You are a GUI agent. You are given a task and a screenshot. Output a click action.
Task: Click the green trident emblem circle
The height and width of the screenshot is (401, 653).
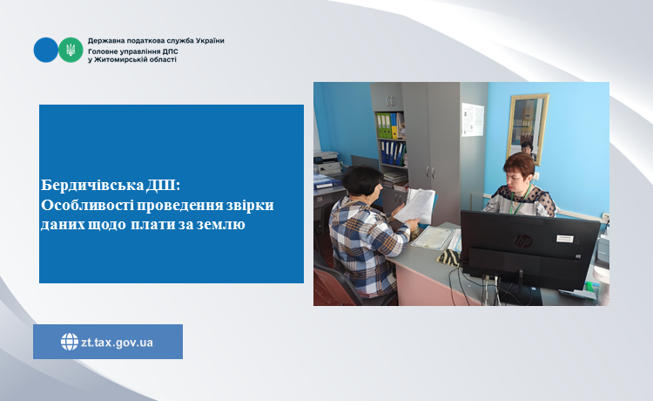click(x=71, y=50)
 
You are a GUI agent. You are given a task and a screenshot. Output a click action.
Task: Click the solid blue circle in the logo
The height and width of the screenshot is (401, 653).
click(x=46, y=50)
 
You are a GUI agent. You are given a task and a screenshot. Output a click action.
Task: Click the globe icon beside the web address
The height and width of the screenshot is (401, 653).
click(x=70, y=342)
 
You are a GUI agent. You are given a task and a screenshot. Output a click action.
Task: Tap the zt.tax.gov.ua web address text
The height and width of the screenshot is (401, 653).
click(x=117, y=343)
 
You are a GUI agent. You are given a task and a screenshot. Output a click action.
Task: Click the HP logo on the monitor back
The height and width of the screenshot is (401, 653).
click(x=523, y=241)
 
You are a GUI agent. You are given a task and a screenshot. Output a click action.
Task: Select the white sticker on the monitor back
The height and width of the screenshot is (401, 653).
click(x=565, y=239)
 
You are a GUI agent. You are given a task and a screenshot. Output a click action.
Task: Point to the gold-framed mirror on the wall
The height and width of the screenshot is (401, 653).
click(x=528, y=127)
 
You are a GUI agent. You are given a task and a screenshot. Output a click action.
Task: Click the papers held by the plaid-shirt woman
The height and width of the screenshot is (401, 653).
click(x=414, y=206)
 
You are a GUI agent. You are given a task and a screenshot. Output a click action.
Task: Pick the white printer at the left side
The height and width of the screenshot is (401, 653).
click(x=327, y=163)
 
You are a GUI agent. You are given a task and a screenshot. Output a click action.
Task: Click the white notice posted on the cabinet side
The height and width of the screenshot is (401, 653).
click(x=473, y=120)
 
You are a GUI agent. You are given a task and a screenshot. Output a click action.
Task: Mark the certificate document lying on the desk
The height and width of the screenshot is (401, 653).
click(x=432, y=238)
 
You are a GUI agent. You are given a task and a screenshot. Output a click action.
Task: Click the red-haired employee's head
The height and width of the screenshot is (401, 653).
click(x=518, y=172)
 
